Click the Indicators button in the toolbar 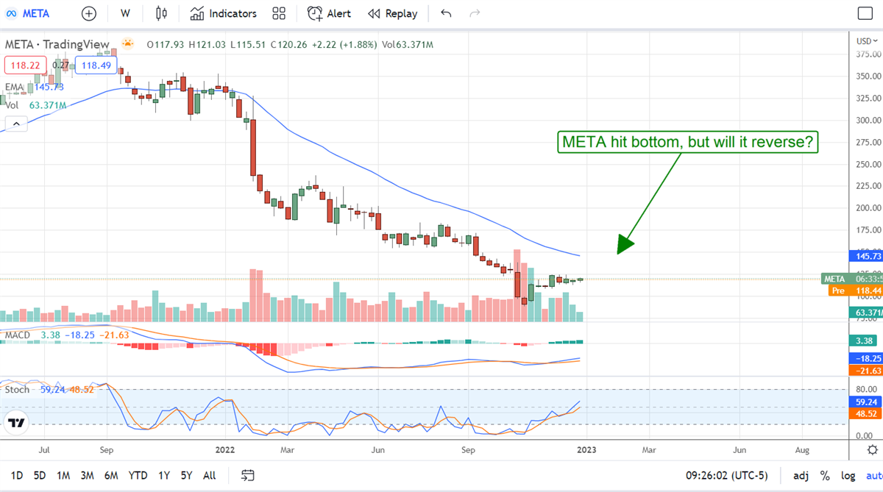pyautogui.click(x=223, y=13)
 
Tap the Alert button pyautogui.click(x=329, y=13)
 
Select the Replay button pyautogui.click(x=392, y=13)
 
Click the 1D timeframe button pyautogui.click(x=17, y=475)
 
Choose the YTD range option pyautogui.click(x=138, y=475)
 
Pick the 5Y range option pyautogui.click(x=188, y=475)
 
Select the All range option pyautogui.click(x=209, y=475)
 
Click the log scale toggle pyautogui.click(x=848, y=475)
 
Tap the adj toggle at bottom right pyautogui.click(x=801, y=475)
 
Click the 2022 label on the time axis pyautogui.click(x=225, y=449)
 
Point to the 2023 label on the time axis pyautogui.click(x=586, y=449)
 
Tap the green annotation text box pyautogui.click(x=687, y=142)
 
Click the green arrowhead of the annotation pyautogui.click(x=623, y=246)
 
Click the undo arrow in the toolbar pyautogui.click(x=446, y=13)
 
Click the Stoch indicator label pyautogui.click(x=17, y=389)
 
